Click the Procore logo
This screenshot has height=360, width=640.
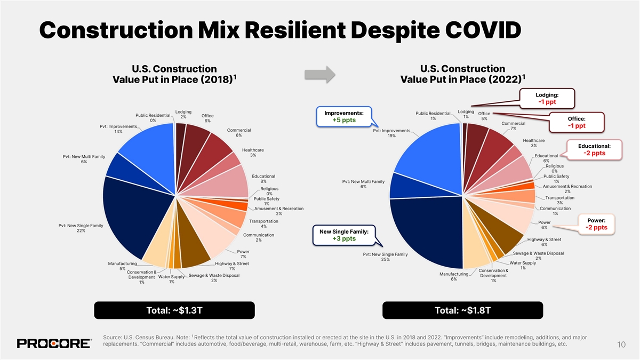[x=54, y=343]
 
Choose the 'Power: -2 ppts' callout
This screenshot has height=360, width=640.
[x=595, y=224]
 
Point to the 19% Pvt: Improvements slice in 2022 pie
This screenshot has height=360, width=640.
[x=432, y=155]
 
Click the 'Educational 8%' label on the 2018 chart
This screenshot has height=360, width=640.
[x=263, y=179]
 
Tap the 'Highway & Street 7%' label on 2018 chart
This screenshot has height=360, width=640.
[x=231, y=266]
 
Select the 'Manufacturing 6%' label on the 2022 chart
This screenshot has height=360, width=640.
[x=453, y=277]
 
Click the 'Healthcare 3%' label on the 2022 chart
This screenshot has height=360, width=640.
[x=534, y=143]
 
